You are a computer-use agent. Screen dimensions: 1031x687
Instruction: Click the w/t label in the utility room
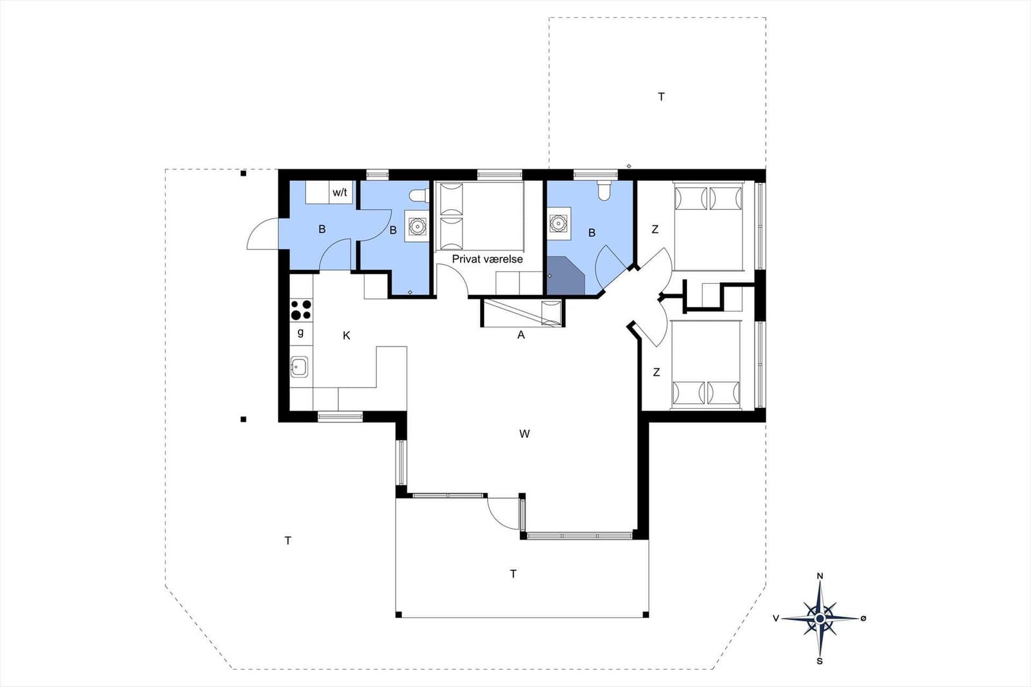click(x=340, y=193)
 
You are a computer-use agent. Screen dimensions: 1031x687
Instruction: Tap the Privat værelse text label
click(x=487, y=259)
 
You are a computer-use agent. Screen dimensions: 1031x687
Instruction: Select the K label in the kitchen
click(x=347, y=335)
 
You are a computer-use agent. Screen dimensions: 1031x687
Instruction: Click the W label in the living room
click(x=525, y=433)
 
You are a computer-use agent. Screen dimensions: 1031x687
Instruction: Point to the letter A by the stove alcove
click(x=521, y=335)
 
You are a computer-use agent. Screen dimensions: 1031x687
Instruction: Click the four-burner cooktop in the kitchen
click(x=301, y=310)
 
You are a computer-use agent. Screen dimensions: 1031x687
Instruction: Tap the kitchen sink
click(x=299, y=367)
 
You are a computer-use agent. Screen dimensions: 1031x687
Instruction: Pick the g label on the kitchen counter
click(x=300, y=332)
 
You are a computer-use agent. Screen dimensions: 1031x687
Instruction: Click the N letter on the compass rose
click(x=820, y=576)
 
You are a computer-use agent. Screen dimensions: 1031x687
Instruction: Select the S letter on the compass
click(x=820, y=661)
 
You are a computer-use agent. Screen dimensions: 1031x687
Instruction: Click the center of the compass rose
click(x=820, y=619)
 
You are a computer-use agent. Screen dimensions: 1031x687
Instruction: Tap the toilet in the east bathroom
click(x=604, y=191)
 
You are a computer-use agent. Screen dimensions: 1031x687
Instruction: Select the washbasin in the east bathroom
click(x=559, y=224)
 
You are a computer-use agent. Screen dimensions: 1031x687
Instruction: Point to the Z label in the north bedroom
click(x=655, y=229)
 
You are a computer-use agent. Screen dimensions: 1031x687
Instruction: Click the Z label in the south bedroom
click(x=657, y=372)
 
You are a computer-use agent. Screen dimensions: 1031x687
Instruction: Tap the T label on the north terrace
click(x=661, y=97)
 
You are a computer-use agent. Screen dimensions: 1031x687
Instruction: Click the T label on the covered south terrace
click(x=513, y=574)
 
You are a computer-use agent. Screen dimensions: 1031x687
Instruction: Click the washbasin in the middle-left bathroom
click(x=417, y=226)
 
